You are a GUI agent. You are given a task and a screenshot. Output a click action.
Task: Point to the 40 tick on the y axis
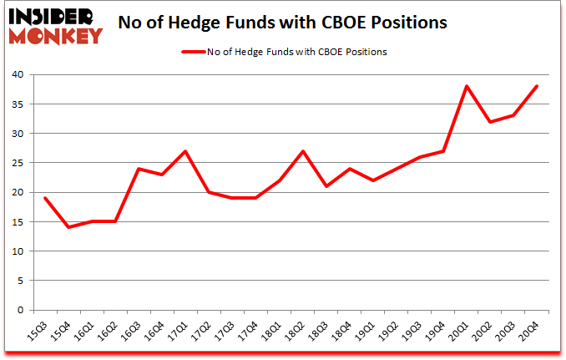(x=18, y=75)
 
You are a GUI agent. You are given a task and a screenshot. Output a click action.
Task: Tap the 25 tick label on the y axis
(x=18, y=163)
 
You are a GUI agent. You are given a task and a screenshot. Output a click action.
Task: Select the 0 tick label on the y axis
(x=21, y=310)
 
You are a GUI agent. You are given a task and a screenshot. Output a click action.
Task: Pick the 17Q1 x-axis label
(x=175, y=332)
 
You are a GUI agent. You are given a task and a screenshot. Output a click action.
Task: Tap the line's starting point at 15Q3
(x=45, y=198)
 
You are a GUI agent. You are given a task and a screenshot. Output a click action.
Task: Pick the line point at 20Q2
(x=490, y=122)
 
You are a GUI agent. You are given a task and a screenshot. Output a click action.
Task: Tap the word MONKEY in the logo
(x=55, y=35)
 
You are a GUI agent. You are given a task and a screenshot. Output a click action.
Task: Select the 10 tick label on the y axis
(x=18, y=251)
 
